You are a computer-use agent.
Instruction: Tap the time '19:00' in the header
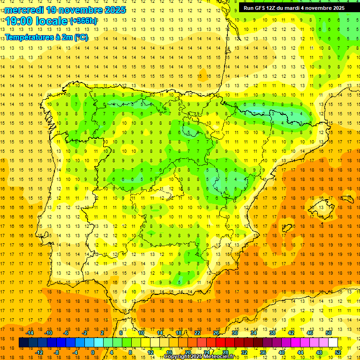tap(21, 21)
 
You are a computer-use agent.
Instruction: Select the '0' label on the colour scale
tap(93, 352)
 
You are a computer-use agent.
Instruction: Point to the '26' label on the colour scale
tap(216, 333)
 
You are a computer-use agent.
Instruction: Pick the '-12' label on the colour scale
tap(38, 352)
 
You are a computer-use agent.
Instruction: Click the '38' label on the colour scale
tap(272, 333)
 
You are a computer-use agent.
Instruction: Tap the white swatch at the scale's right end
tap(333, 343)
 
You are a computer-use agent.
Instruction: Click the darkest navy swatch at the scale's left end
tap(23, 343)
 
